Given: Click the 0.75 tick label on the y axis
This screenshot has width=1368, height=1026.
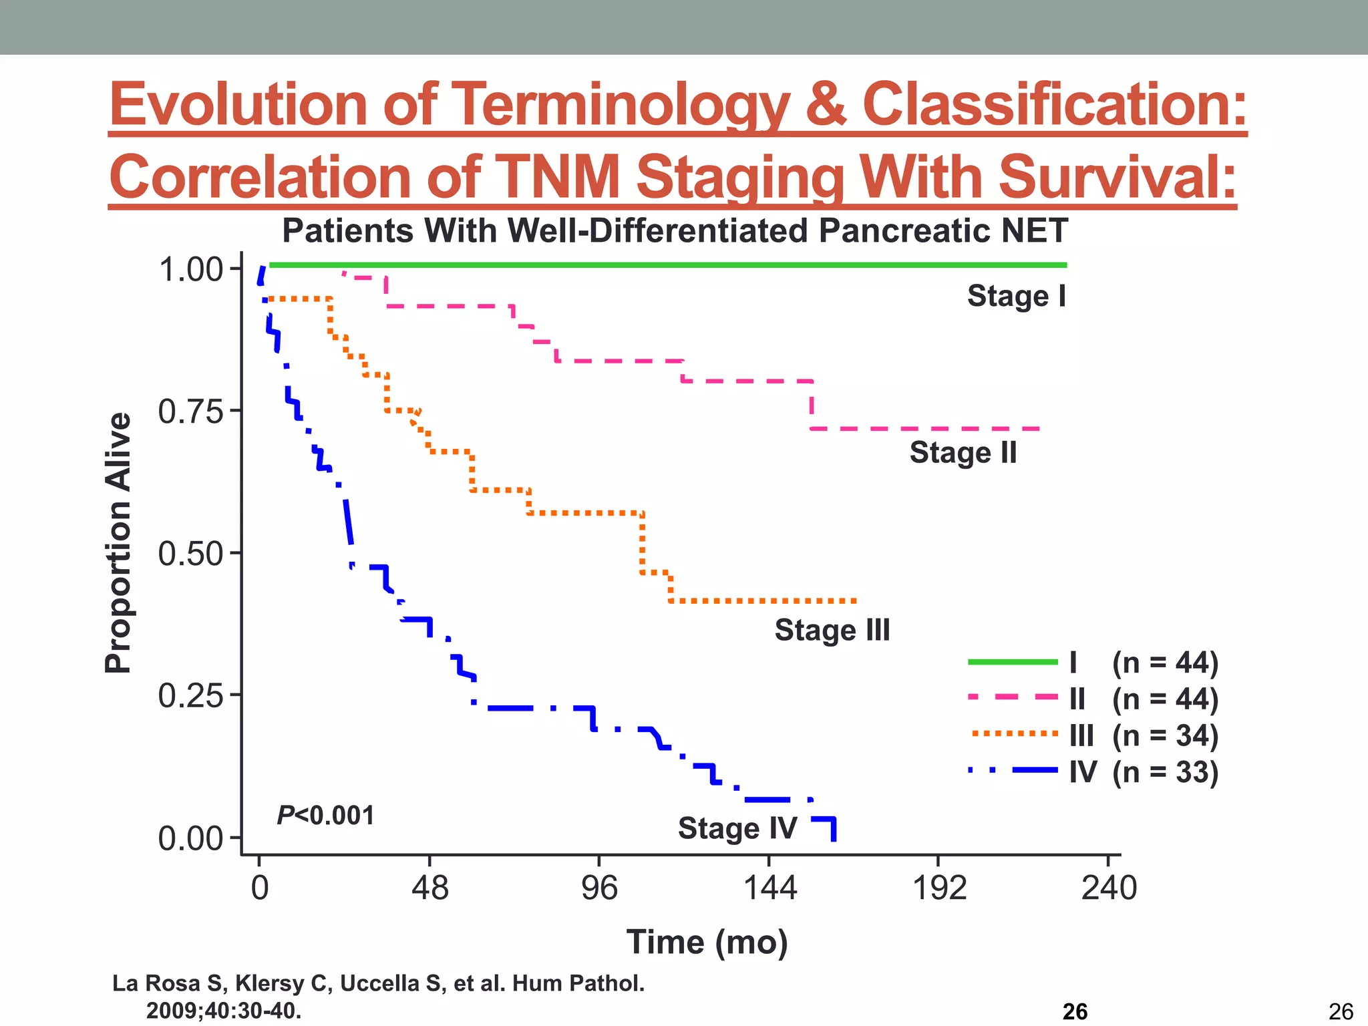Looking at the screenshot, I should pyautogui.click(x=190, y=411).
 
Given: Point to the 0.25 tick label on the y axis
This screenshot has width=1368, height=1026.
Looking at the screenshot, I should pyautogui.click(x=190, y=696).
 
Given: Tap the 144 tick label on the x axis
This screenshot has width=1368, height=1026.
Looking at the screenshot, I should pyautogui.click(x=770, y=888).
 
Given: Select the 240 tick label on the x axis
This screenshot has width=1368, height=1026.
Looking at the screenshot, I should pyautogui.click(x=1109, y=888).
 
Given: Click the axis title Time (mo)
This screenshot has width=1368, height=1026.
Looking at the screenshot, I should pyautogui.click(x=707, y=943).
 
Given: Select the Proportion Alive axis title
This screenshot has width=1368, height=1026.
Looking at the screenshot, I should pyautogui.click(x=118, y=542).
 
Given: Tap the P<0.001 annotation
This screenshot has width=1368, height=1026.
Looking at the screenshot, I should pyautogui.click(x=325, y=816).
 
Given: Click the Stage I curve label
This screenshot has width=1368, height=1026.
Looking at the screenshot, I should pyautogui.click(x=1017, y=296).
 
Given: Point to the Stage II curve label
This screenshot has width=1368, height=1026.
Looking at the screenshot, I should pyautogui.click(x=963, y=453).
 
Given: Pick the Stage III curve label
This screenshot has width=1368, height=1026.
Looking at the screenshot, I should pyautogui.click(x=832, y=630).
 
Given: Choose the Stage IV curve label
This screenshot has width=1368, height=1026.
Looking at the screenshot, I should pyautogui.click(x=737, y=828).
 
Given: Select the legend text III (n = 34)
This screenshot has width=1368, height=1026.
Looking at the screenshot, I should pyautogui.click(x=1144, y=735).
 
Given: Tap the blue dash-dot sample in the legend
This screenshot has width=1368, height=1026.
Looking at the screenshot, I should pyautogui.click(x=1012, y=771).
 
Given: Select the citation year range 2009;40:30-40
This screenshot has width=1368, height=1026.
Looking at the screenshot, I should pyautogui.click(x=224, y=1011).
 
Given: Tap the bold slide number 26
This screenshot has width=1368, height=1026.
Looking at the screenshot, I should pyautogui.click(x=1075, y=1012).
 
